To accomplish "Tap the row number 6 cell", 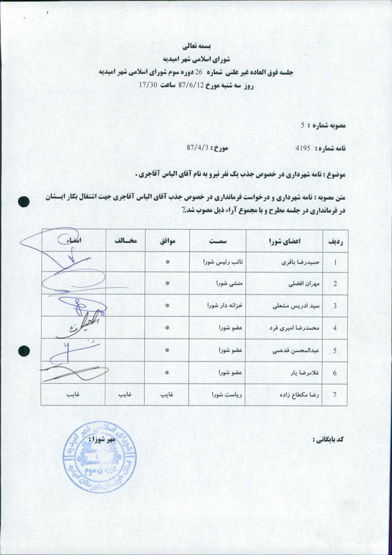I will (335, 373).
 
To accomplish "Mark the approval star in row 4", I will (167, 328).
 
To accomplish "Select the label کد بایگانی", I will (331, 438).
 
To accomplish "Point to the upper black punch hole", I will (24, 202).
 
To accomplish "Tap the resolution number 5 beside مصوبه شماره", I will (302, 125).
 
